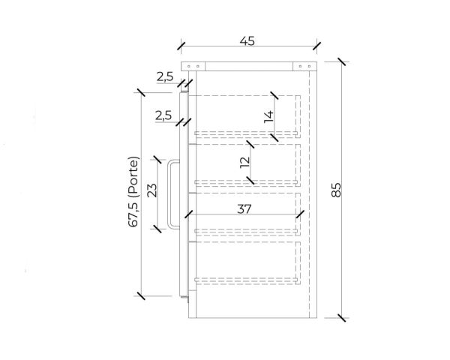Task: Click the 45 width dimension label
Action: click(247, 40)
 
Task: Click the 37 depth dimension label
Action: click(244, 209)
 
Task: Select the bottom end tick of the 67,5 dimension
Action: click(140, 295)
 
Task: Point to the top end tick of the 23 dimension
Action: click(158, 159)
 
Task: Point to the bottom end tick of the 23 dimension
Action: click(158, 227)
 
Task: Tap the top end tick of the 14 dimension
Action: click(275, 97)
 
